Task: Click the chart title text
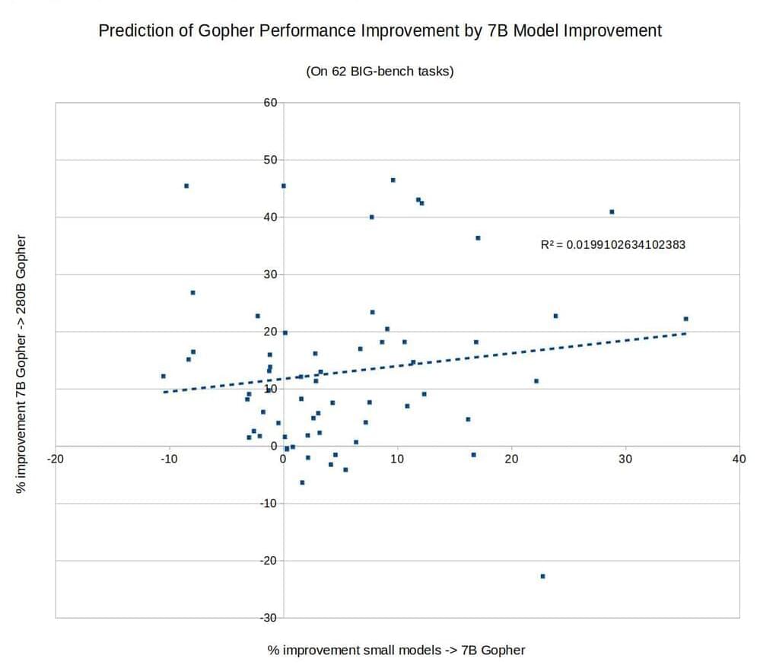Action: coord(380,31)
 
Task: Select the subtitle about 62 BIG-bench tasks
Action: coord(380,72)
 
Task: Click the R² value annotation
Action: coord(612,245)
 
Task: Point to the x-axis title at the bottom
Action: coord(396,650)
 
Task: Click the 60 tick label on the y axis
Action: coord(270,102)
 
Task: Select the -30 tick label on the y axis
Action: coord(268,618)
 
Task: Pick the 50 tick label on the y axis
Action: coord(270,160)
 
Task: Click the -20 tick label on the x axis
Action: coord(55,459)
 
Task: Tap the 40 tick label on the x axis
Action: coord(739,459)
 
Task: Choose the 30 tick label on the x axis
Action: coord(625,459)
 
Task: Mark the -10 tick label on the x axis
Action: coord(169,459)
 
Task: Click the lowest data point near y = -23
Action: coord(542,576)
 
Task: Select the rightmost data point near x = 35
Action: coord(685,319)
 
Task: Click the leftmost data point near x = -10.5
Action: coord(163,376)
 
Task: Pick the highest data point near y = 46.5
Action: coord(393,180)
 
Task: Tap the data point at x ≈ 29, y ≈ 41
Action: coord(612,212)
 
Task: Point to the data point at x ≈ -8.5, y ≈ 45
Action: coord(186,186)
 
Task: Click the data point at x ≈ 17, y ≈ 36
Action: coord(478,238)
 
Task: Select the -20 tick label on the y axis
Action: coord(268,561)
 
